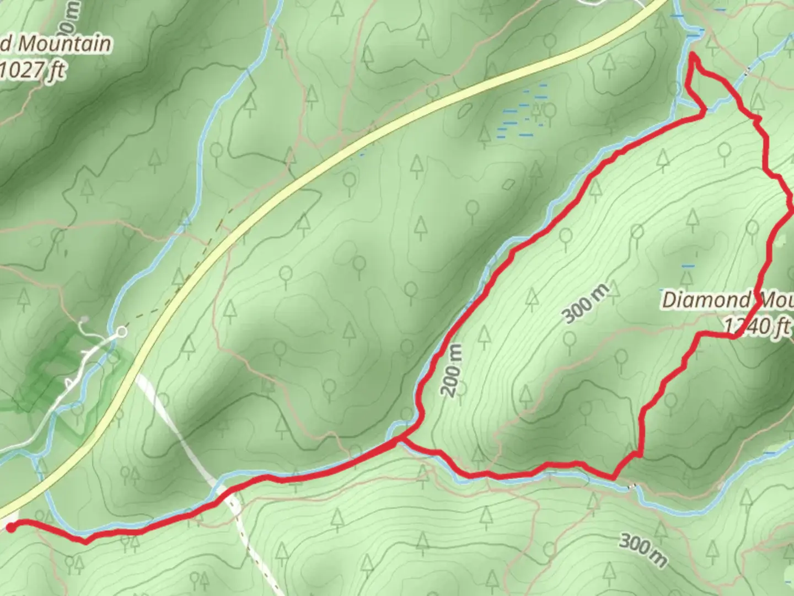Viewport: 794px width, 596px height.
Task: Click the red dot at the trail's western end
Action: [10, 528]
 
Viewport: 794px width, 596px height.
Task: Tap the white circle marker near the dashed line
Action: [122, 332]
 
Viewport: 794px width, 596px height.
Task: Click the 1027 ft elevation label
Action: [33, 71]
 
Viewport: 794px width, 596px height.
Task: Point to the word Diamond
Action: [706, 301]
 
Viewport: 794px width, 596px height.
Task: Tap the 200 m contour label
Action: [452, 370]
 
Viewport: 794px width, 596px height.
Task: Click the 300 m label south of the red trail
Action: [643, 549]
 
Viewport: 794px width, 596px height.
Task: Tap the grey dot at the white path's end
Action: [84, 320]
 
